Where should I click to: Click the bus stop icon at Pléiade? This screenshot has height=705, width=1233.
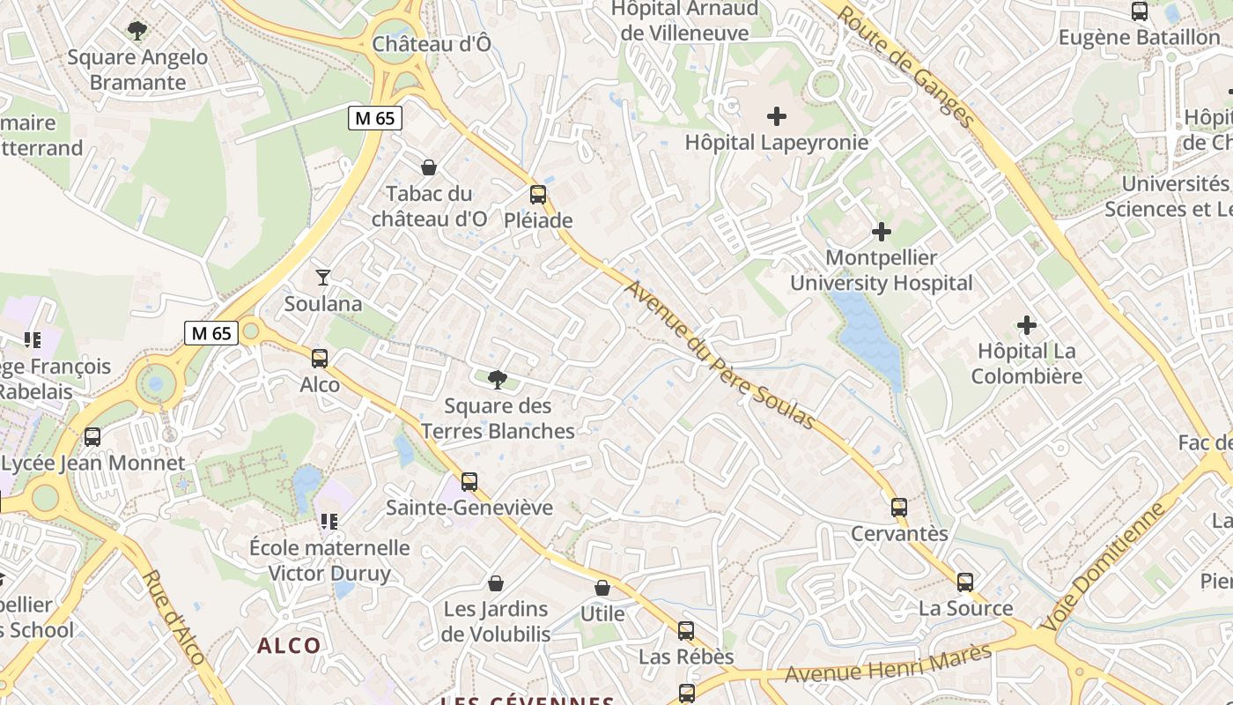pos(537,195)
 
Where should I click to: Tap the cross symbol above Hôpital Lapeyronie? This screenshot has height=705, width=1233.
pos(777,116)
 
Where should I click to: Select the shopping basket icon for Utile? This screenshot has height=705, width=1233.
pos(602,588)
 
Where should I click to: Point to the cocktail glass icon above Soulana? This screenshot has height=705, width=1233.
pos(323,278)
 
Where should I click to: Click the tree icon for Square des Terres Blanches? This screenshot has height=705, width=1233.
pos(498,380)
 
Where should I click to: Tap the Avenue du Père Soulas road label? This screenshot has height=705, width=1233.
pos(720,355)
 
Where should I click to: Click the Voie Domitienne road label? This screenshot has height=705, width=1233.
pos(1104,565)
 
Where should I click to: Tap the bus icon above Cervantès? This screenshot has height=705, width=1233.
pos(898,508)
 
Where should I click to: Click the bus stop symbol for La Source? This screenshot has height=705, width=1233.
pos(965,583)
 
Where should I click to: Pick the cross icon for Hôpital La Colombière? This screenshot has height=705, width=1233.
pos(1027,325)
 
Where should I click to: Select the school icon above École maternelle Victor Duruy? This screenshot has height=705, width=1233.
pos(329,522)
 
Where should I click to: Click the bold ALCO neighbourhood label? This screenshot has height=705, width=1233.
pos(289,646)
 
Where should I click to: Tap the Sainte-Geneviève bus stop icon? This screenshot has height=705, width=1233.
pos(469,482)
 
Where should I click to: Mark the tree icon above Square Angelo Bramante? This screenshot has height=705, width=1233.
pos(137,32)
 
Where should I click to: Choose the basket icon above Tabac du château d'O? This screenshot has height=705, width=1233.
pos(429,167)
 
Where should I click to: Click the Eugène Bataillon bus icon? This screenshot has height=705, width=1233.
pos(1139,12)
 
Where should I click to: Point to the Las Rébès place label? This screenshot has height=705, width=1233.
pos(686,657)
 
